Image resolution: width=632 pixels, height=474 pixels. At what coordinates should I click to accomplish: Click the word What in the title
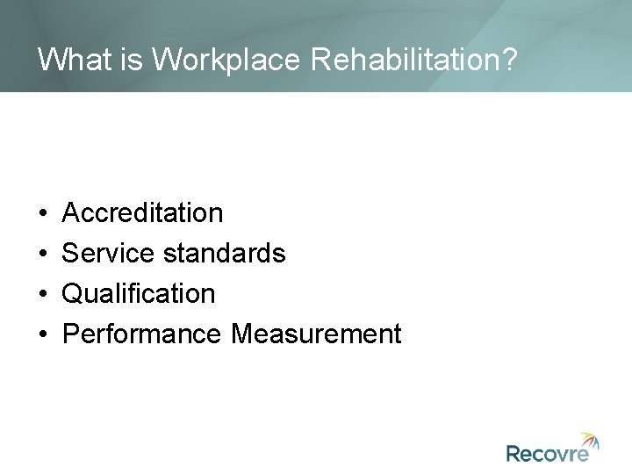pyautogui.click(x=70, y=59)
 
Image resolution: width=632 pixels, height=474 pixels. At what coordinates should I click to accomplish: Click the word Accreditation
pyautogui.click(x=144, y=213)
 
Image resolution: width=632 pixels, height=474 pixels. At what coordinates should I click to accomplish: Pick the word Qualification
pyautogui.click(x=140, y=294)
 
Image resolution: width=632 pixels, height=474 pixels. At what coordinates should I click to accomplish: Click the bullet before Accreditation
pyautogui.click(x=42, y=214)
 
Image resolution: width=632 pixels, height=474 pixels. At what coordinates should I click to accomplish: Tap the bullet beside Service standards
pyautogui.click(x=42, y=255)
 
